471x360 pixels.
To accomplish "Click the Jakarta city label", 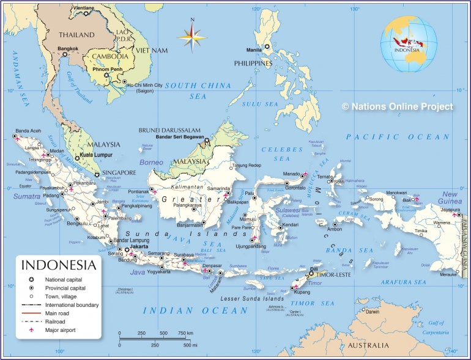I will point(139,246).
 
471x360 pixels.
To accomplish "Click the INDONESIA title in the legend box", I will point(59,265).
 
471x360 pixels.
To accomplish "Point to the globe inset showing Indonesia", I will point(409,40).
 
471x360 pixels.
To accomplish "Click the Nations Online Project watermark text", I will point(398,106).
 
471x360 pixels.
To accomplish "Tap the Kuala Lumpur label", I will point(97,155).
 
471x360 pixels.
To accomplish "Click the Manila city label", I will point(254,50).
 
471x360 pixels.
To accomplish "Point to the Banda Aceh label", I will point(28,131).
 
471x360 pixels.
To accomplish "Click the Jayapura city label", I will point(450,210).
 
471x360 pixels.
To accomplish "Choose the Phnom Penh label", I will point(108,69).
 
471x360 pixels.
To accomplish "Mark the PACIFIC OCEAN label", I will point(397,137).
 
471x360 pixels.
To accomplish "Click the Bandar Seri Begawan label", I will point(179,136).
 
